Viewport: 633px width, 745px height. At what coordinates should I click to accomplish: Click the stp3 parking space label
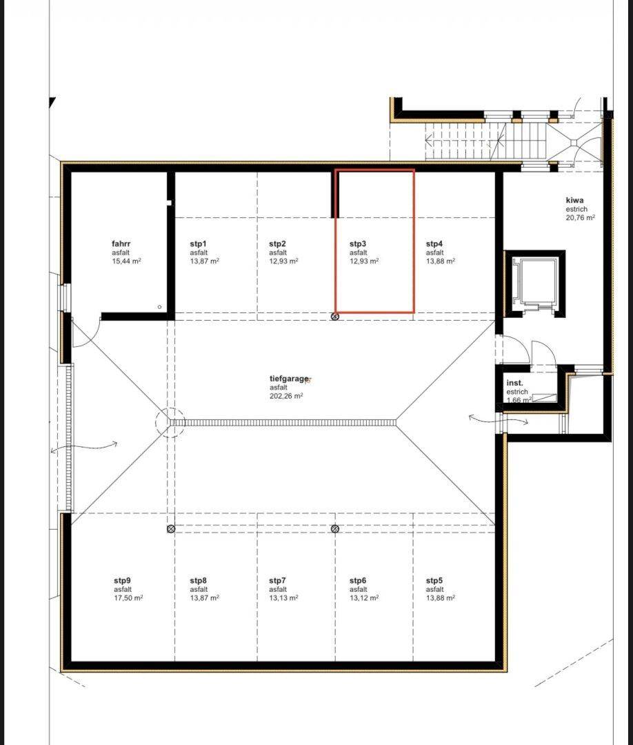click(x=358, y=244)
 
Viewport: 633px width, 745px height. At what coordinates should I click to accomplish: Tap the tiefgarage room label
click(x=289, y=379)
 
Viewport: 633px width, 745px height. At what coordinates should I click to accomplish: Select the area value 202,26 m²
click(x=286, y=396)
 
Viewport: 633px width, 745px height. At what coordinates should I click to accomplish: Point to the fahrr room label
click(x=121, y=244)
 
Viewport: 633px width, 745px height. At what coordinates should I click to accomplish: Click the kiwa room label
click(x=574, y=200)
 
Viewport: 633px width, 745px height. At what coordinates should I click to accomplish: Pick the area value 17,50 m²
click(x=128, y=598)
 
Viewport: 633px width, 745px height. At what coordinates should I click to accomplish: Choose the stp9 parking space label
click(x=122, y=581)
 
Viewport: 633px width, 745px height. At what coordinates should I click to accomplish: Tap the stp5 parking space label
click(x=434, y=581)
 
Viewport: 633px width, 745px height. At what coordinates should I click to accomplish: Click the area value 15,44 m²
click(x=126, y=261)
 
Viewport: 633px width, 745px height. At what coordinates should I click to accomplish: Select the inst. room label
click(x=515, y=383)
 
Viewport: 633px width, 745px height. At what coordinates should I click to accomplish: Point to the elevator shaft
click(x=534, y=284)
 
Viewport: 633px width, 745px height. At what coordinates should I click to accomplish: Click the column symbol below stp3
click(x=335, y=317)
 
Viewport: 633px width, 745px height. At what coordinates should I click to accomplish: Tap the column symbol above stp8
click(x=172, y=529)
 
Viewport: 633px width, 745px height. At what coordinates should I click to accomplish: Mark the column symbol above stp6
click(x=335, y=529)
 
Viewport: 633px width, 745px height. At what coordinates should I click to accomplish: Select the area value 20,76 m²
click(x=581, y=217)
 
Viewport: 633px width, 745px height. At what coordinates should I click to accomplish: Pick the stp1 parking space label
click(x=199, y=244)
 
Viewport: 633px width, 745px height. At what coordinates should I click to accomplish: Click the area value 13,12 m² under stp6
click(x=364, y=598)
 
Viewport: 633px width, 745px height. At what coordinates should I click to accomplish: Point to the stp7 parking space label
click(x=278, y=581)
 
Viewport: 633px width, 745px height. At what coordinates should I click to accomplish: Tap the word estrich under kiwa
click(x=576, y=209)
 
